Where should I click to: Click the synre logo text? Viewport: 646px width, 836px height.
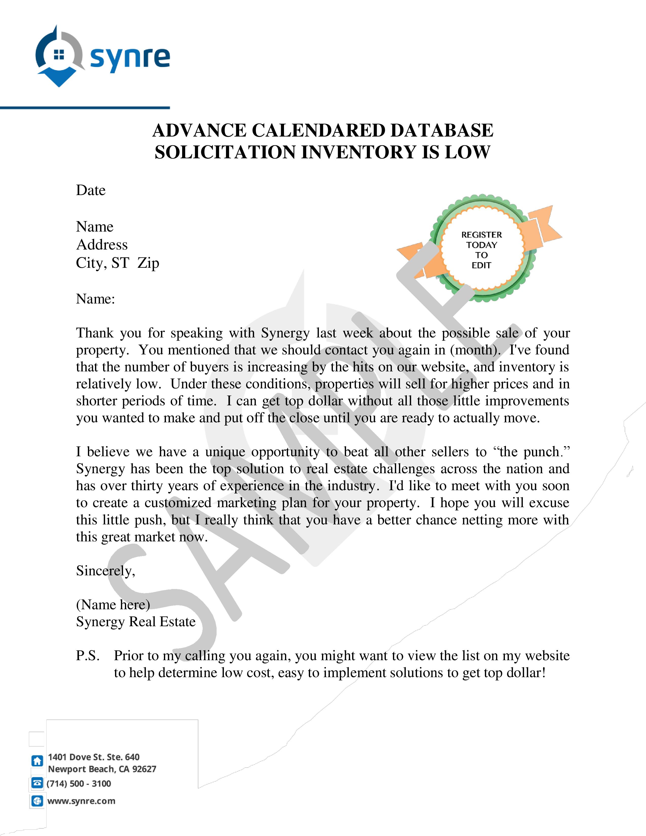click(x=130, y=59)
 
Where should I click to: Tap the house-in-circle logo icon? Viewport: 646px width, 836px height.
click(x=59, y=57)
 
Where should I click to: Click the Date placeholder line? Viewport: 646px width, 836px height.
click(x=91, y=190)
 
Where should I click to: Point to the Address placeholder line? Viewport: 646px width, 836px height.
click(x=102, y=245)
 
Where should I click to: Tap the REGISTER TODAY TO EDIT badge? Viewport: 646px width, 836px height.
click(x=481, y=250)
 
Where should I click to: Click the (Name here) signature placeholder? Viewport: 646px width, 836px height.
click(x=113, y=605)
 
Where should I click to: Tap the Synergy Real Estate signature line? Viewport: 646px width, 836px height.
click(x=136, y=622)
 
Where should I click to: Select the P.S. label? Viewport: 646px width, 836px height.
click(x=88, y=656)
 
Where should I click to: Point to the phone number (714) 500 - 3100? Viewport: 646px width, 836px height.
click(x=79, y=784)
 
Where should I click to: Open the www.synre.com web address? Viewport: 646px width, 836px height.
click(x=81, y=801)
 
